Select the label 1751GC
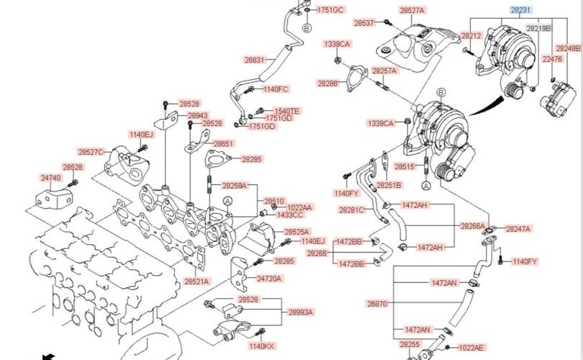331,10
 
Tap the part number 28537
364,23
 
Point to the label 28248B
567,48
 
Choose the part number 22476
552,60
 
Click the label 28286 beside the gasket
327,84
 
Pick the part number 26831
255,60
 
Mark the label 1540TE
286,111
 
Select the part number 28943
198,115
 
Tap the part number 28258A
234,186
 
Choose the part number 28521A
196,281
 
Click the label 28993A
301,312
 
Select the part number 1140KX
261,346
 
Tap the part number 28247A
518,229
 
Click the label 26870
377,304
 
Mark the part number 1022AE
471,347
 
